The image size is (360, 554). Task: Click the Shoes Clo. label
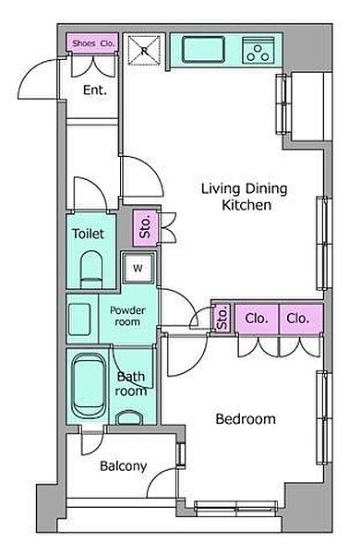93,43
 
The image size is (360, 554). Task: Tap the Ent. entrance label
95,90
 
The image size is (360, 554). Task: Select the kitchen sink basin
203,50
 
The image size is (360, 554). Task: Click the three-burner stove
258,50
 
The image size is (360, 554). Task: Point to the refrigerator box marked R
144,51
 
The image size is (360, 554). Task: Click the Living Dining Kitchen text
245,197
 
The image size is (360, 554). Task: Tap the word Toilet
88,234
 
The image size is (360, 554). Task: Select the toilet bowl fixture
91,270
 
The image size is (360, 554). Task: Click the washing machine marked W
138,268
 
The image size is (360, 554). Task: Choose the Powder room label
127,316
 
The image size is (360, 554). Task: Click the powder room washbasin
79,319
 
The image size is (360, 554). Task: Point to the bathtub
89,386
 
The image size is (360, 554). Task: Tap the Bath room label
131,384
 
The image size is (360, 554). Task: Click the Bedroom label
246,419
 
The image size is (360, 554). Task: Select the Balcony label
124,466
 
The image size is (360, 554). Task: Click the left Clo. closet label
257,319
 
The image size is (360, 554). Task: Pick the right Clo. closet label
298,319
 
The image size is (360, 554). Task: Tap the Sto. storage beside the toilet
146,228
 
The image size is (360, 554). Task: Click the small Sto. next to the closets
222,319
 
